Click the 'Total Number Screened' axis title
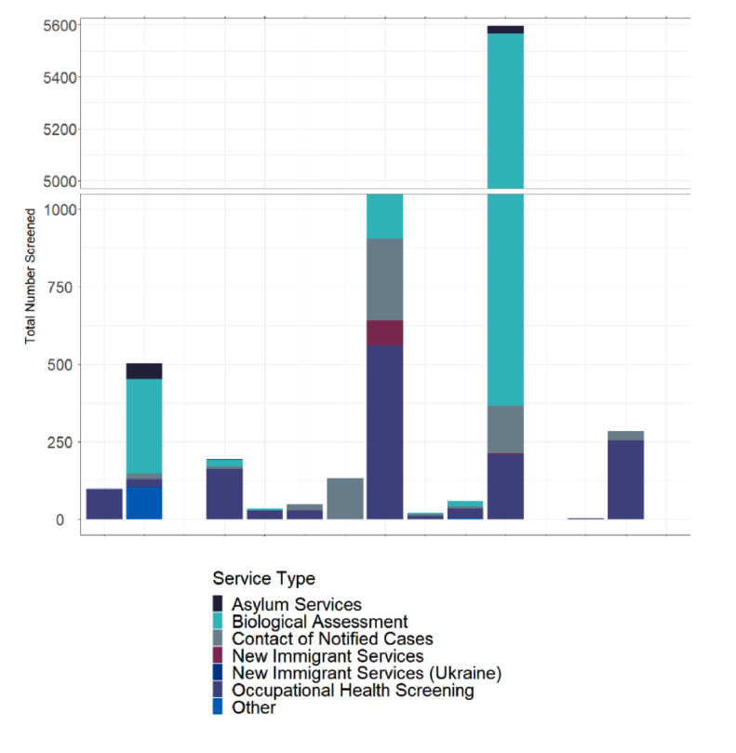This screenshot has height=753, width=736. [31, 276]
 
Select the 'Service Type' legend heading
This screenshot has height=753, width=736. [263, 578]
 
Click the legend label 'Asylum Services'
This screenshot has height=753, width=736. [297, 605]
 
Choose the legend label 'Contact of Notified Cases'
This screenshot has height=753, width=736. [332, 639]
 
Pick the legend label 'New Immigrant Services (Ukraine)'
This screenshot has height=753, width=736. [367, 673]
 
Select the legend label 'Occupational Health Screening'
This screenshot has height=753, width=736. [353, 691]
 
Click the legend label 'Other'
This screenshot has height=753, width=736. [254, 707]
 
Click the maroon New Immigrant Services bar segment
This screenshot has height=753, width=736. [384, 332]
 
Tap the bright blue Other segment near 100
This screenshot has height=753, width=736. [144, 503]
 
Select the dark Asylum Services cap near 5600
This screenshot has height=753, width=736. [505, 30]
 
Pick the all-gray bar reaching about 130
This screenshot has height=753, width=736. [344, 498]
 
